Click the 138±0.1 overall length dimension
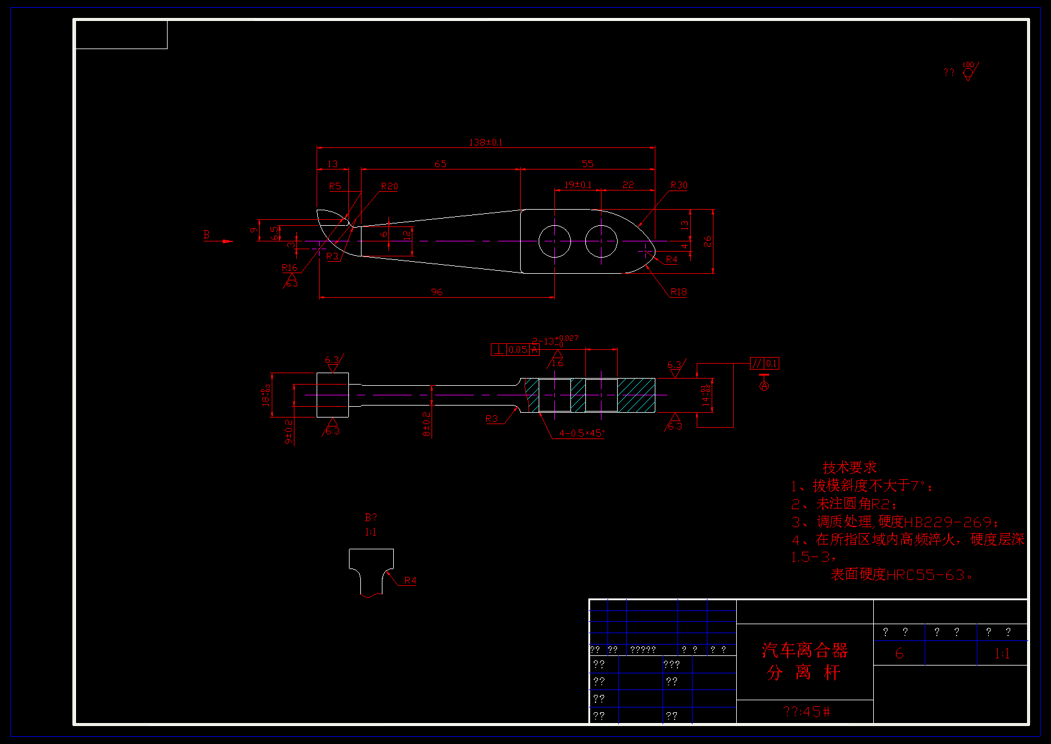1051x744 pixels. click(x=485, y=143)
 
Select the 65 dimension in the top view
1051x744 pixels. click(x=441, y=164)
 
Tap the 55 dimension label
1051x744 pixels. click(x=588, y=164)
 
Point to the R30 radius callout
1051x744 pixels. click(x=679, y=185)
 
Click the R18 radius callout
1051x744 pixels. click(x=679, y=292)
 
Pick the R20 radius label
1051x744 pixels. click(x=389, y=186)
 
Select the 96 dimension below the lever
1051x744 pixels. click(x=437, y=292)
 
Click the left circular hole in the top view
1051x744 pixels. click(x=555, y=241)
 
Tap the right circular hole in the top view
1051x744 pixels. click(x=601, y=241)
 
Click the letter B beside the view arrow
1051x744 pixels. click(x=206, y=235)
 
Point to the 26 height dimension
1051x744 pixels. click(x=707, y=241)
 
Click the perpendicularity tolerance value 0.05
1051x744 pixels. click(x=518, y=350)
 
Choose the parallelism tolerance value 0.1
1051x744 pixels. click(x=771, y=364)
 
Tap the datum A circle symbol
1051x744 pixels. click(x=764, y=386)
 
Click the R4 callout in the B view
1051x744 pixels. click(x=410, y=580)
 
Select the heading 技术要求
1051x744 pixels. click(x=849, y=467)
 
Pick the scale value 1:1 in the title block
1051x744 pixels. click(x=1002, y=654)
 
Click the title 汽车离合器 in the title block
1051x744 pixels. click(x=804, y=650)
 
